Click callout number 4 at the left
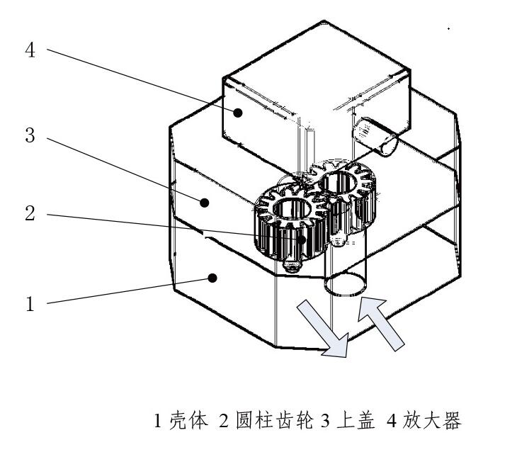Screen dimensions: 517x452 30,50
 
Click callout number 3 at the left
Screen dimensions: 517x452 30,135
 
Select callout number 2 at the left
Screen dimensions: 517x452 30,213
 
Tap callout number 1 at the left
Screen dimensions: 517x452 30,304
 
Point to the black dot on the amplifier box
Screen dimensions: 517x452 238,113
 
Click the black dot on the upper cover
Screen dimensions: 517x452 205,203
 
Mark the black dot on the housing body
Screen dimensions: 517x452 212,278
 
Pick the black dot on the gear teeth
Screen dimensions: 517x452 302,239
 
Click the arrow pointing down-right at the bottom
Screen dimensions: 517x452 323,328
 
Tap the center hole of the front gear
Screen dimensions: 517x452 292,209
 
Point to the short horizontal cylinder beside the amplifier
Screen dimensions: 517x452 375,136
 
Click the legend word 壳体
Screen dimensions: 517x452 189,420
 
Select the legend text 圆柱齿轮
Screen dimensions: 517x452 274,420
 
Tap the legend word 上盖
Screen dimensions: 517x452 356,420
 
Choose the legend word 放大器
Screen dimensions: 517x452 431,420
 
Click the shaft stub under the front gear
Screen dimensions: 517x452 292,265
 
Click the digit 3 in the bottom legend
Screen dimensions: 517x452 325,421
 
